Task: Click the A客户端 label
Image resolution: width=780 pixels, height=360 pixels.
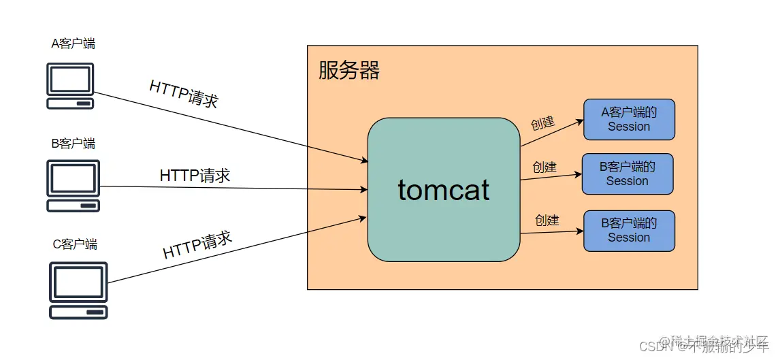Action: click(74, 44)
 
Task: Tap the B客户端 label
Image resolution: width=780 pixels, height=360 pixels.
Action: click(74, 144)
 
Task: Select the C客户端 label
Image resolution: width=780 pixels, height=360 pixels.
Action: click(75, 244)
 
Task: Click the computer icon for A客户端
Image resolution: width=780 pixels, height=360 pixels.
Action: click(70, 86)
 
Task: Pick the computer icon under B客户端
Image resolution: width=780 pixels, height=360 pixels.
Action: click(73, 186)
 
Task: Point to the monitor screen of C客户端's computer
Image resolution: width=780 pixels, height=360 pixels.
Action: click(78, 282)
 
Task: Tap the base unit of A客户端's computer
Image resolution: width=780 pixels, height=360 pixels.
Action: click(70, 103)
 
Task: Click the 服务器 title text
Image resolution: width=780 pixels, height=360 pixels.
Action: click(349, 70)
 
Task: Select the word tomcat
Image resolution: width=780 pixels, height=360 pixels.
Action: click(444, 190)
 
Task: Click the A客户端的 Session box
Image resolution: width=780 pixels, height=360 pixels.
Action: click(629, 119)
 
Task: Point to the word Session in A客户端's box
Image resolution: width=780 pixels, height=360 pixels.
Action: click(629, 127)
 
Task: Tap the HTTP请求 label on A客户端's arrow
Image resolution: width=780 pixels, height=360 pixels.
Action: click(184, 95)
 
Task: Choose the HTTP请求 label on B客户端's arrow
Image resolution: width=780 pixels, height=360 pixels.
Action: click(195, 176)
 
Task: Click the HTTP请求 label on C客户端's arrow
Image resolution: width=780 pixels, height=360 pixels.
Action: click(197, 245)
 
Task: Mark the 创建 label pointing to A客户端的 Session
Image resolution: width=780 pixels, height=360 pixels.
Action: click(542, 123)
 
